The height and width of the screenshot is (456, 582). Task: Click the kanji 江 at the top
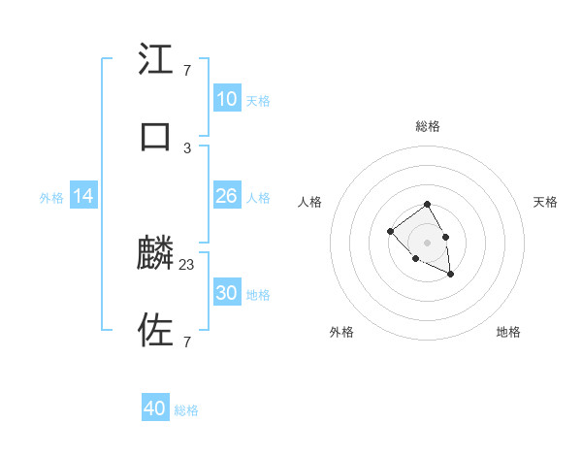coord(156,60)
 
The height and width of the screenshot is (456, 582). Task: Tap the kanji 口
coord(156,137)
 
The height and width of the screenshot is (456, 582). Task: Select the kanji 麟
coord(156,254)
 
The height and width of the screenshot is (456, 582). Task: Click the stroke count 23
coord(187,264)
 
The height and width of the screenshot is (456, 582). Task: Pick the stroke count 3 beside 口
coord(186,147)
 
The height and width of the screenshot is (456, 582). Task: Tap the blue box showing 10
coord(227,99)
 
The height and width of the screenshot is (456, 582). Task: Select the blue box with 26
coord(227,196)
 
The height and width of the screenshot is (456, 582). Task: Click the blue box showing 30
coord(227,293)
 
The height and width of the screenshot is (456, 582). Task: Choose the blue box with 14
coord(83,196)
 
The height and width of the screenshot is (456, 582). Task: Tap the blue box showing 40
coord(155,408)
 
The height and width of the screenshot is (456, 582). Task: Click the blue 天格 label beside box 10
coord(257,100)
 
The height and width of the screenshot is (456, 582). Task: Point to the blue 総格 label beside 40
coord(186,410)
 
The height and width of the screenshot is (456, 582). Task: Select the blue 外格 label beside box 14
coord(51,197)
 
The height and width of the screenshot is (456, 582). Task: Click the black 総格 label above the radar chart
coord(427,126)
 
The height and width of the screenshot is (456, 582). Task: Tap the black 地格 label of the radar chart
coord(508,332)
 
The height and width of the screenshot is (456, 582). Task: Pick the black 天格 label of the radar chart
coord(545,202)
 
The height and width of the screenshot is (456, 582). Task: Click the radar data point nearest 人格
coord(390,231)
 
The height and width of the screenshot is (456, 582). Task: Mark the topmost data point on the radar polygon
coord(427,205)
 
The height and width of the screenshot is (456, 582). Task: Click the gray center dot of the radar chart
coord(427,243)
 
